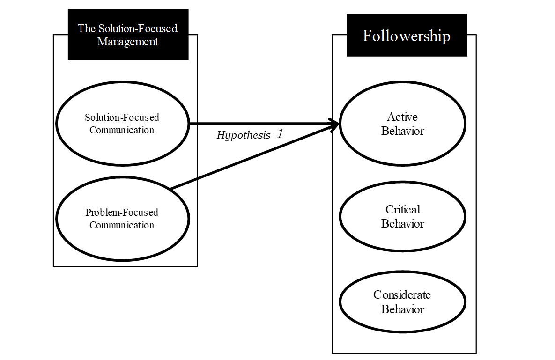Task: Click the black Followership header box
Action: click(x=407, y=36)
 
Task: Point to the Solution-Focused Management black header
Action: click(x=128, y=35)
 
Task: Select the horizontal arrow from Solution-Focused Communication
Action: click(x=258, y=124)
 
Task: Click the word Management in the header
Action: click(x=128, y=42)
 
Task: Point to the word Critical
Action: click(x=403, y=209)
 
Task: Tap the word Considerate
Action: click(x=402, y=295)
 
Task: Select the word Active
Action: click(x=402, y=117)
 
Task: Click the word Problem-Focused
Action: click(x=122, y=213)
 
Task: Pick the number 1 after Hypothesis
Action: click(x=280, y=135)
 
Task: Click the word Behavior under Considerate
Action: click(x=402, y=309)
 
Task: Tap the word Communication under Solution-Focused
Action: click(x=122, y=130)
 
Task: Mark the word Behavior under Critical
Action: click(x=402, y=224)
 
